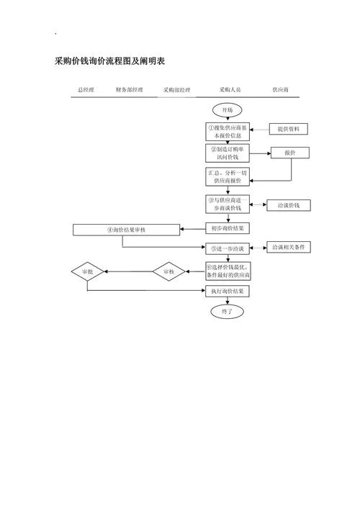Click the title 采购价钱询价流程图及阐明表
(109, 61)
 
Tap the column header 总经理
(86, 89)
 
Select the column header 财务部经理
(129, 89)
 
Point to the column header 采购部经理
(176, 90)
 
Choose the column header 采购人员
(230, 89)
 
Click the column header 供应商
(280, 89)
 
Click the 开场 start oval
(228, 110)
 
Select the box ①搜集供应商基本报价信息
(228, 132)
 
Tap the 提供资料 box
(289, 129)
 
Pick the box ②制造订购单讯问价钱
(228, 153)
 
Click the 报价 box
(290, 153)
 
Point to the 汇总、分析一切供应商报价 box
(228, 177)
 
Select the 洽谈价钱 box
(289, 205)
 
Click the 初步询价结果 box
(228, 228)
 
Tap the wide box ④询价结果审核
(126, 230)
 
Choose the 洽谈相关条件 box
(289, 247)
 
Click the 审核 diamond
(168, 271)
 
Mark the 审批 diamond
(87, 271)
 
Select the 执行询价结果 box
(228, 291)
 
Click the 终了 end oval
(228, 312)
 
